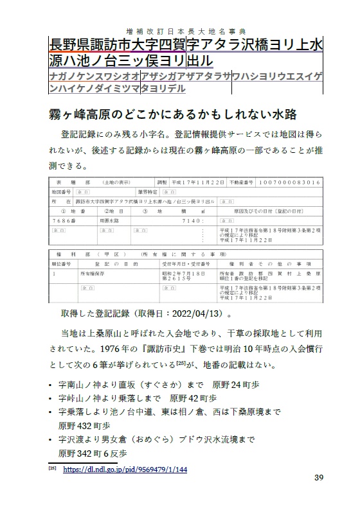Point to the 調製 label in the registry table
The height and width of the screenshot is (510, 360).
pyautogui.click(x=162, y=182)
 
